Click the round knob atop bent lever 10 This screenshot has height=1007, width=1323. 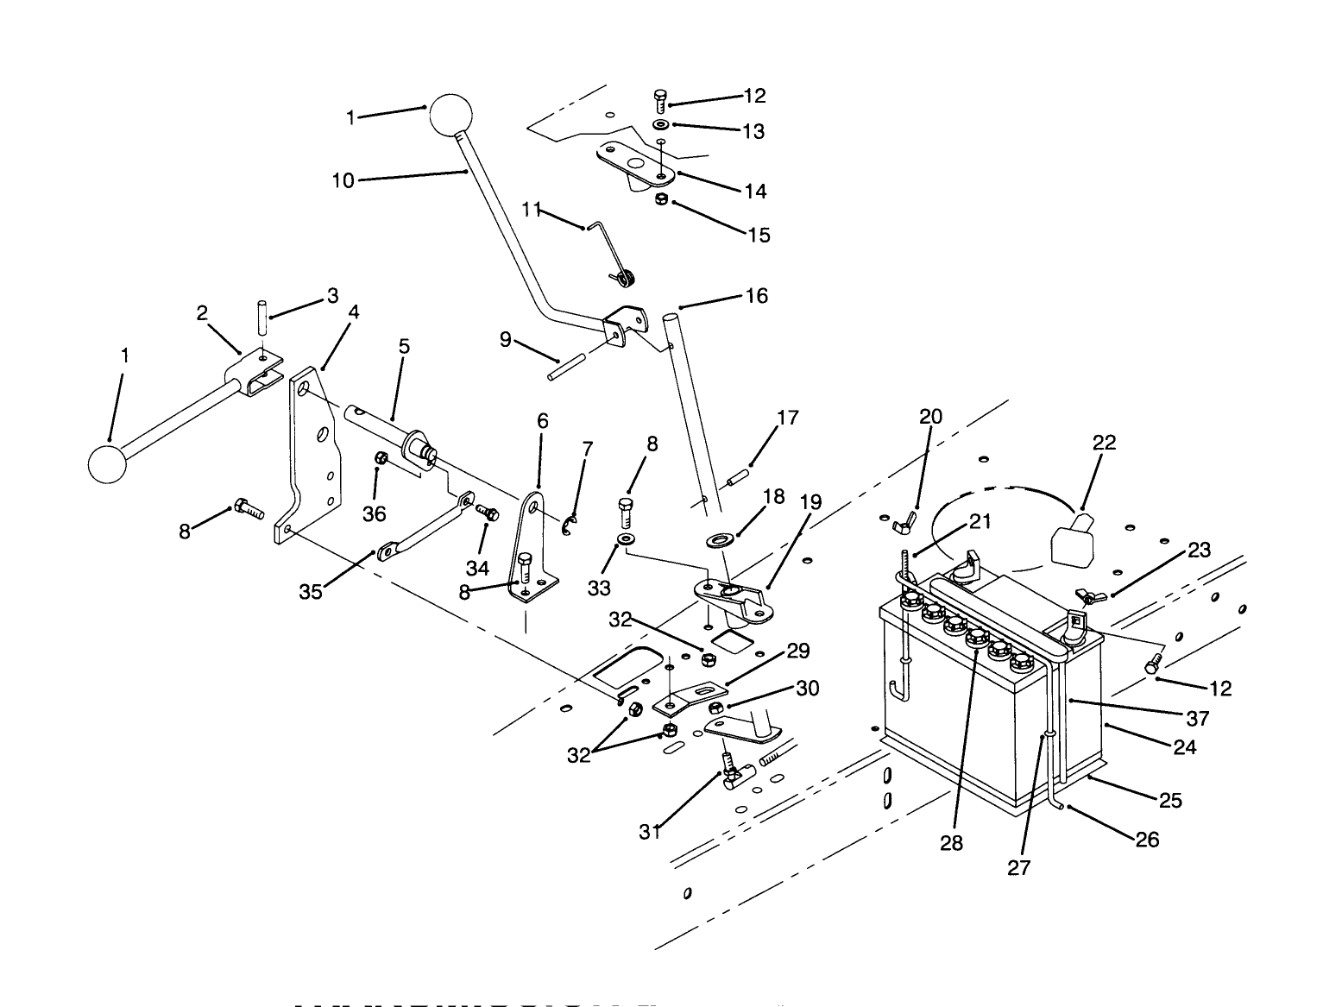[451, 114]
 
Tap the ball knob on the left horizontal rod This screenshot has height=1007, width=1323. [108, 463]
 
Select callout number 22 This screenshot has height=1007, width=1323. [1104, 443]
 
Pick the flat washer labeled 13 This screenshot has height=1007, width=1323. [660, 124]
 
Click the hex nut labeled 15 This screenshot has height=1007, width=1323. [661, 200]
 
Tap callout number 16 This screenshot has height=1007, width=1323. [756, 296]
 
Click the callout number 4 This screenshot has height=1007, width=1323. [353, 312]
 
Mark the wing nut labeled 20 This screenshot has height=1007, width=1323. [906, 517]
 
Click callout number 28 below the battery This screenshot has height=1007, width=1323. [951, 843]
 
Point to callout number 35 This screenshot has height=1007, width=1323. [310, 591]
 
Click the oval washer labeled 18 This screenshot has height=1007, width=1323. [718, 541]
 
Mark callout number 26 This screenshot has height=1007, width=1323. [1147, 839]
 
